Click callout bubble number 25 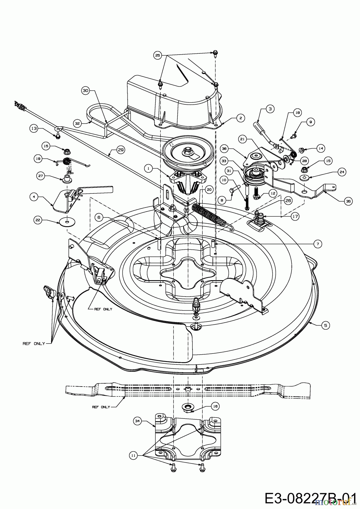tap(158, 55)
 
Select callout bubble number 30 tap(85, 90)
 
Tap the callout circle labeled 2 tap(240, 118)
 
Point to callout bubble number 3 tap(270, 109)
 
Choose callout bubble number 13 tap(34, 128)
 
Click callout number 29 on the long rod tap(121, 150)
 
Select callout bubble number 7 tap(318, 244)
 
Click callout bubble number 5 tap(325, 325)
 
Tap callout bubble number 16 tap(215, 406)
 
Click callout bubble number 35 tap(348, 201)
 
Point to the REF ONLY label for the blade tap(101, 407)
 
